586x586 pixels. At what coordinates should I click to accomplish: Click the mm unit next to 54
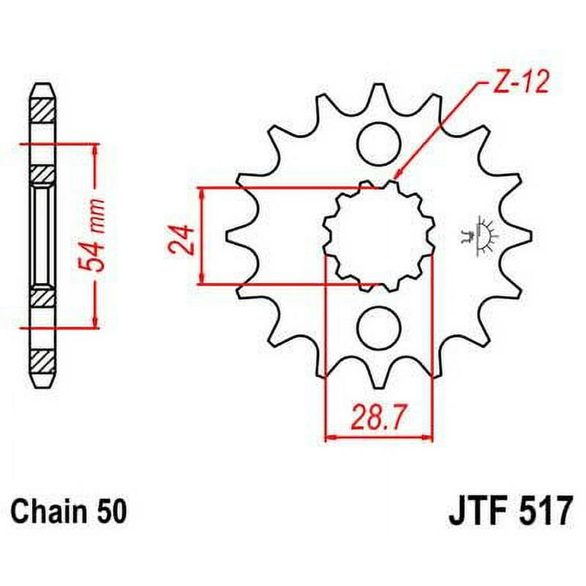tap(93, 213)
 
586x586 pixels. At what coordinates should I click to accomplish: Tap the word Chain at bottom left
tap(45, 510)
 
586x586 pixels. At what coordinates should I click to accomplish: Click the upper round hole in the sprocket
tap(379, 144)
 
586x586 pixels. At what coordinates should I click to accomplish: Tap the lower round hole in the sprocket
tap(379, 327)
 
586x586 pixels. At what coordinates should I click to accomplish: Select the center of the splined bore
tap(379, 236)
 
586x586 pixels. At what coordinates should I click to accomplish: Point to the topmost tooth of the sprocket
tap(379, 95)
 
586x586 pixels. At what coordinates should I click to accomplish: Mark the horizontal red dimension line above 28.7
tap(379, 439)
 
